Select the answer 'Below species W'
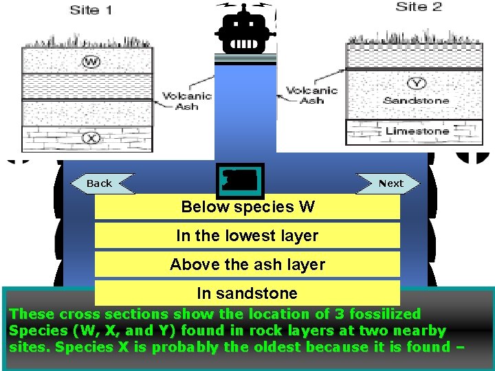pyautogui.click(x=247, y=207)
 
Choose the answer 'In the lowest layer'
pyautogui.click(x=247, y=236)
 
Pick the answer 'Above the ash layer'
pyautogui.click(x=247, y=265)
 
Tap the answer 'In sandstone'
pyautogui.click(x=247, y=293)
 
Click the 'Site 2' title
pyautogui.click(x=419, y=8)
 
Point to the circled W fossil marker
pyautogui.click(x=90, y=62)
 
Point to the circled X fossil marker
pyautogui.click(x=90, y=137)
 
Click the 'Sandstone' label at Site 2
pyautogui.click(x=416, y=101)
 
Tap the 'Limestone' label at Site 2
pyautogui.click(x=417, y=131)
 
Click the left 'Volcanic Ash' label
pyautogui.click(x=182, y=102)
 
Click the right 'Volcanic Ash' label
pyautogui.click(x=311, y=95)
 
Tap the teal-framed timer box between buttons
pyautogui.click(x=239, y=181)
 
